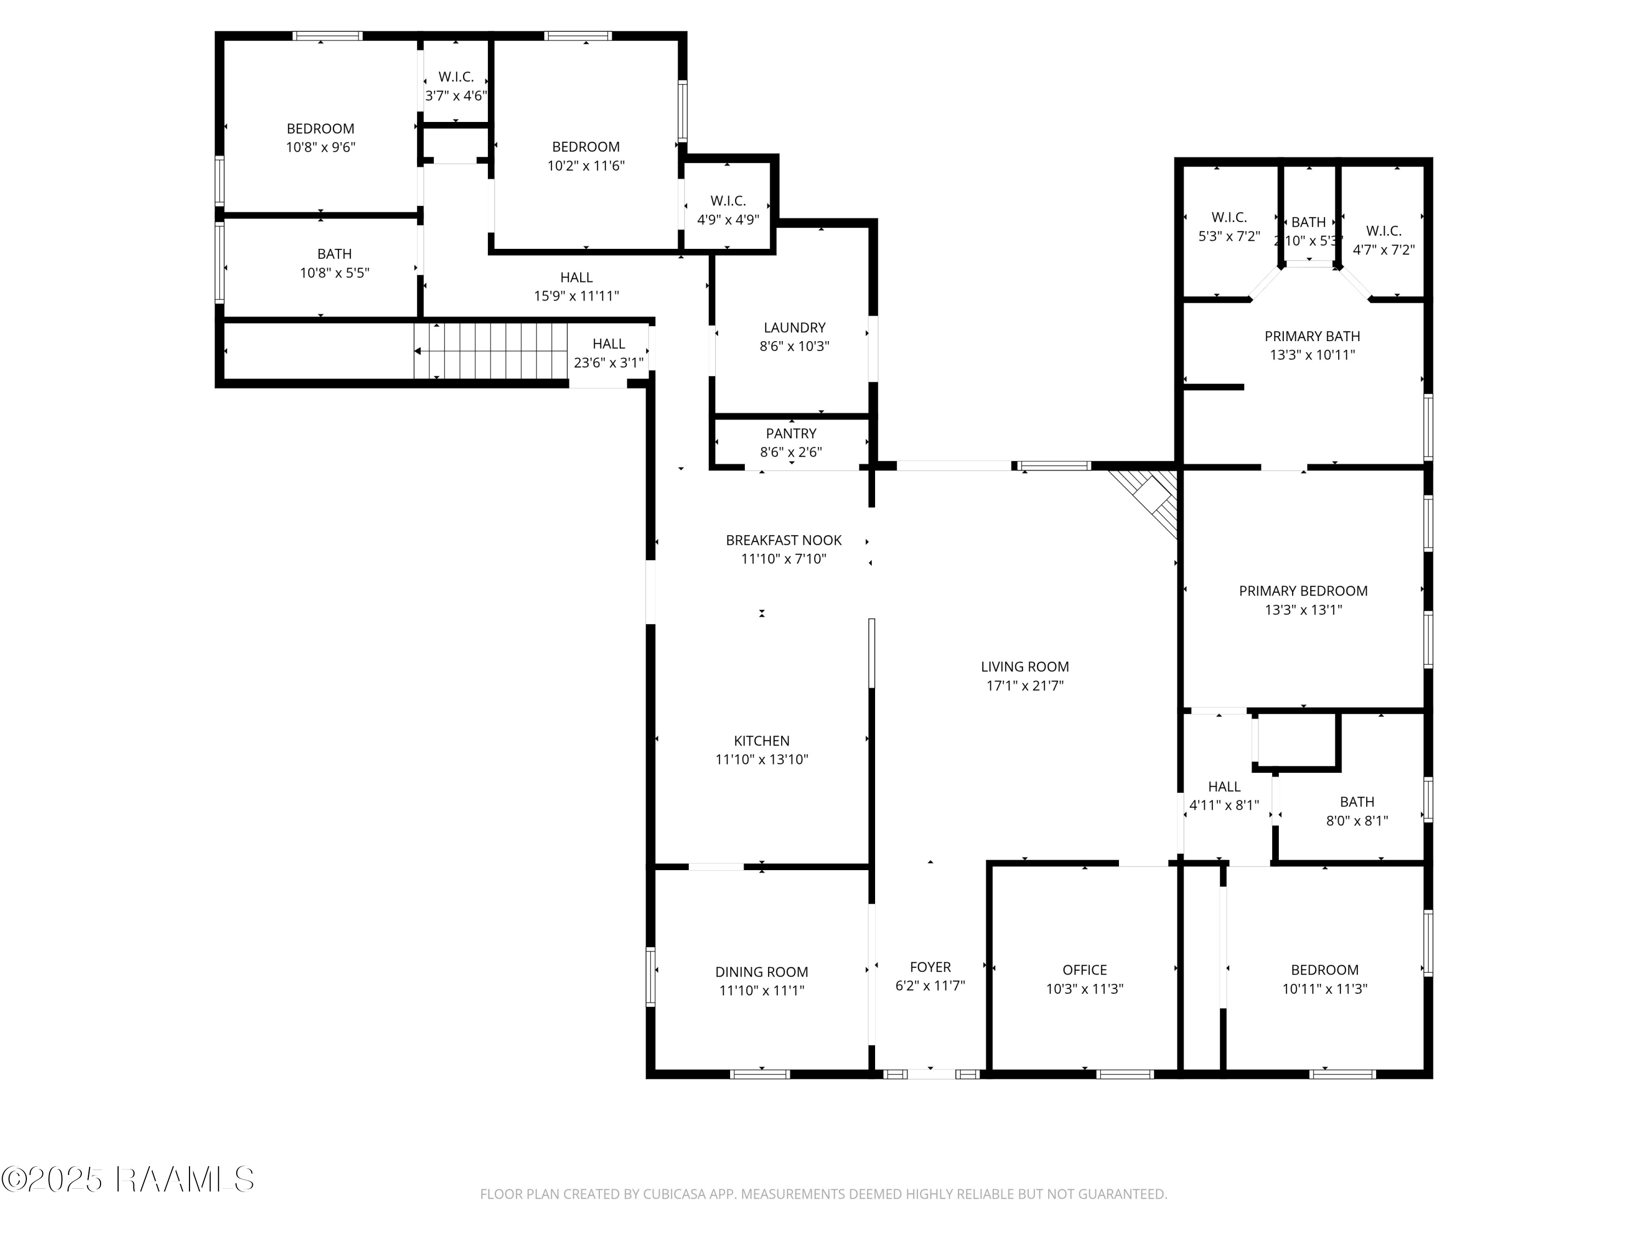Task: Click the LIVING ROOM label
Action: [1025, 667]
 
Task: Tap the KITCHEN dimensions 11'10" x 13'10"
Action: [761, 760]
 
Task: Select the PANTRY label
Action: [791, 433]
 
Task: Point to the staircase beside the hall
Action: [491, 351]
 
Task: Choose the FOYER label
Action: [930, 967]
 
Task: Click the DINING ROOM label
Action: [761, 972]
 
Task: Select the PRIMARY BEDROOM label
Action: [1303, 591]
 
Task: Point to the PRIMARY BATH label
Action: [1312, 336]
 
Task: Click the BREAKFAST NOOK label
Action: [784, 540]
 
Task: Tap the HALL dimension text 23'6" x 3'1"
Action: [609, 363]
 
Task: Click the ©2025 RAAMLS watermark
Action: [128, 1179]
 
